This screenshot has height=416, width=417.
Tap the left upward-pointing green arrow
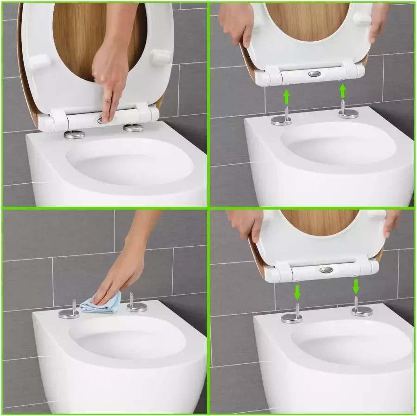(287, 98)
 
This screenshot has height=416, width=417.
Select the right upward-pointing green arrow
(343, 90)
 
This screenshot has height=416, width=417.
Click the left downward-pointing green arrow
(297, 292)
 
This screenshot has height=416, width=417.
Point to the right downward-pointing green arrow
(356, 286)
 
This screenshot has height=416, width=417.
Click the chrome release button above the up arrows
(314, 74)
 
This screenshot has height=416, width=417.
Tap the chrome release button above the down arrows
(326, 270)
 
